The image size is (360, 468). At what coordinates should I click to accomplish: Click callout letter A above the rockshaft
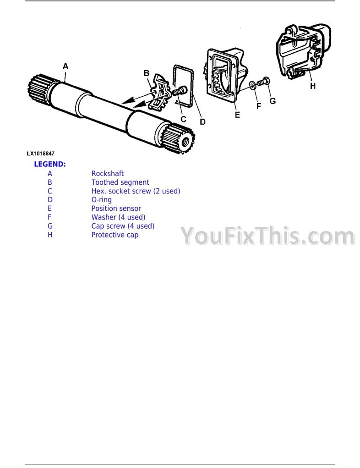tap(65, 66)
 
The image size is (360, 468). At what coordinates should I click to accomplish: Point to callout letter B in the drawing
tap(147, 73)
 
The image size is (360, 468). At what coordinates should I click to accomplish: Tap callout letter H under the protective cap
tap(312, 86)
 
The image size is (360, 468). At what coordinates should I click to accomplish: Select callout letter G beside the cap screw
tap(273, 101)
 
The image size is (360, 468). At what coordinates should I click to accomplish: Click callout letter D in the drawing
tap(202, 122)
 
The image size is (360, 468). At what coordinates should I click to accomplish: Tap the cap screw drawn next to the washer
tap(263, 81)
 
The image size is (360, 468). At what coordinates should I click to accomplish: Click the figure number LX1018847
tap(41, 154)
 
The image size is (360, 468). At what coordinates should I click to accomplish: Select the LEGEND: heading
tap(50, 164)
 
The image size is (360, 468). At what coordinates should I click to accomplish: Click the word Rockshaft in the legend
tap(107, 173)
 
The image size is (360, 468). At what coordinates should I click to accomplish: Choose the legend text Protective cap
tap(115, 235)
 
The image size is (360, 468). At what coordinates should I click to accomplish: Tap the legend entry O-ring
tap(101, 200)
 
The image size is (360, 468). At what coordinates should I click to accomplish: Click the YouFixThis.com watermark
tap(268, 236)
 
